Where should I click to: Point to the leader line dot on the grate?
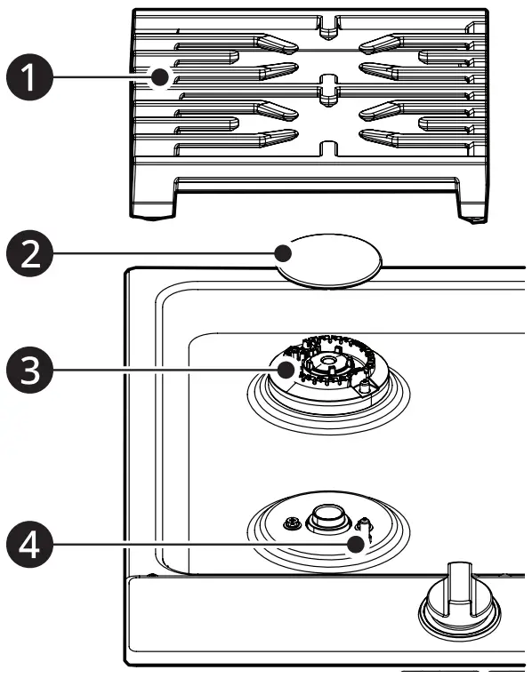160,77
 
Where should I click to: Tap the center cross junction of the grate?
328,85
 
